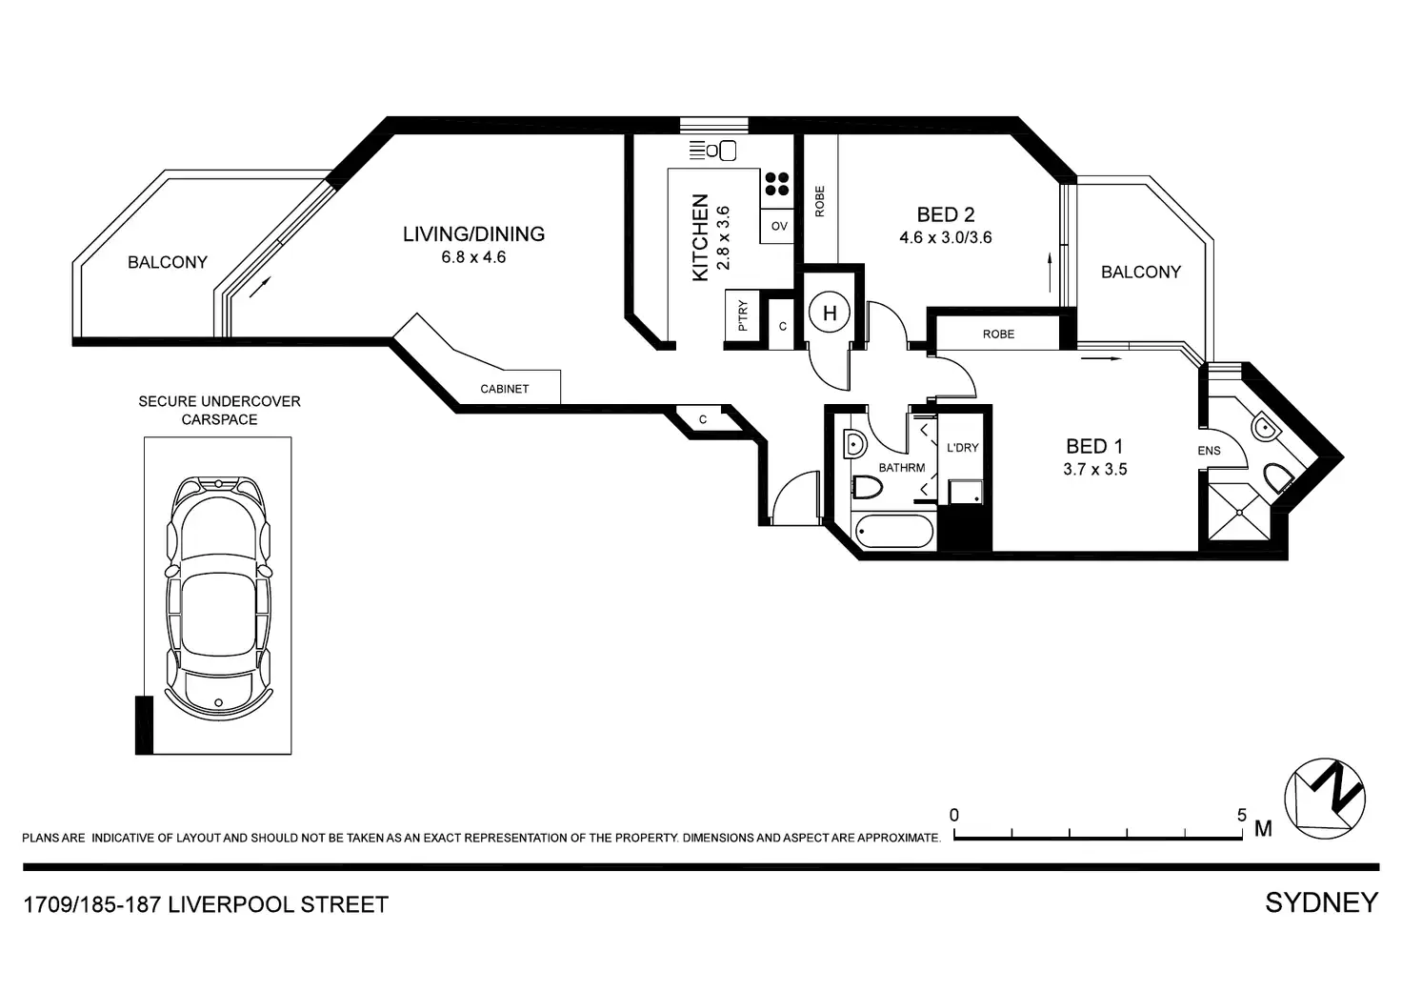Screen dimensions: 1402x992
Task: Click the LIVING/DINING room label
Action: (x=473, y=233)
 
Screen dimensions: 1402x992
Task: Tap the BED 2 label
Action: (x=945, y=215)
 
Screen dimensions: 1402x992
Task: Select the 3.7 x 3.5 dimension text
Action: (x=1094, y=469)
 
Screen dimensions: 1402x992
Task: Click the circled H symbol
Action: (x=830, y=314)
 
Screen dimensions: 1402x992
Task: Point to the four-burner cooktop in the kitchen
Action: (x=777, y=184)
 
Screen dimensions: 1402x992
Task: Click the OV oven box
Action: (x=778, y=226)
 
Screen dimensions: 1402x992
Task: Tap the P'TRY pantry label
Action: (x=743, y=315)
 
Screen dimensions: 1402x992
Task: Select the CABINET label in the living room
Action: (x=504, y=389)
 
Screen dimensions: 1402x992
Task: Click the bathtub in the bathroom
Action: (x=893, y=532)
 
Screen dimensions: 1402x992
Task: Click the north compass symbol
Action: (x=1325, y=800)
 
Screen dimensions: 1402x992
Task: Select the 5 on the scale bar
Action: (x=1241, y=816)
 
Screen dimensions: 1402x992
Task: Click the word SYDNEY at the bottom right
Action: (x=1321, y=902)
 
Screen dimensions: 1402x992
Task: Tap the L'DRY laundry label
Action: (x=962, y=447)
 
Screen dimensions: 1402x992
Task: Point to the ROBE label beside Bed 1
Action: (x=998, y=334)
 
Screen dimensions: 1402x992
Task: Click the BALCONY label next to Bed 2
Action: (x=1140, y=273)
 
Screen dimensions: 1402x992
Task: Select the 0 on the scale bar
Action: (x=954, y=816)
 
